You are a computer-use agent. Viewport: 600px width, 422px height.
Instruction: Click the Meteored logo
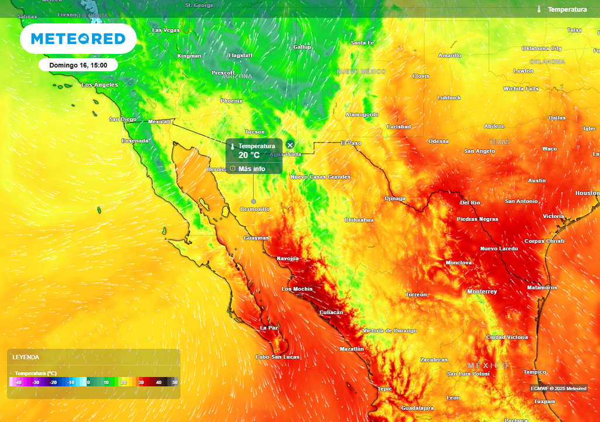(x=78, y=39)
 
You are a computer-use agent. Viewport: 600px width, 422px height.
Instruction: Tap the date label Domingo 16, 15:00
(x=78, y=65)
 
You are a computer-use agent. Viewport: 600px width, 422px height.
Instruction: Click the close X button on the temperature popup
(x=289, y=145)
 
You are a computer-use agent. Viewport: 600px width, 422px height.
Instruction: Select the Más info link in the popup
(x=251, y=169)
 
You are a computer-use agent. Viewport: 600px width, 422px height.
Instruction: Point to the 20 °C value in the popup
(x=248, y=155)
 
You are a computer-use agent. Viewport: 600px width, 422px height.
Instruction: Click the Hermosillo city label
(x=255, y=209)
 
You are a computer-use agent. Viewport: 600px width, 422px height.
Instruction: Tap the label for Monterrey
(x=482, y=292)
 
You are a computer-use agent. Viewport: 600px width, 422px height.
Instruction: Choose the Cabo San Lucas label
(x=277, y=357)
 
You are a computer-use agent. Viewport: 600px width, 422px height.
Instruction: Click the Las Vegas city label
(x=166, y=30)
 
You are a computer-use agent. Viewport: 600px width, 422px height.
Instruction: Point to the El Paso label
(x=351, y=143)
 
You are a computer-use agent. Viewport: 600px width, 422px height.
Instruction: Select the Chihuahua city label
(x=359, y=220)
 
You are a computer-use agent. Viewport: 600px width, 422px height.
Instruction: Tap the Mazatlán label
(x=352, y=349)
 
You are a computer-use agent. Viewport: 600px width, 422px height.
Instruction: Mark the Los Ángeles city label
(x=100, y=85)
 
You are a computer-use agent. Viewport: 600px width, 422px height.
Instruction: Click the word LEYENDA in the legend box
(x=26, y=357)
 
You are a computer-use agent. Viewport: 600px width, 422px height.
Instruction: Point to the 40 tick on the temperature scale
(x=158, y=382)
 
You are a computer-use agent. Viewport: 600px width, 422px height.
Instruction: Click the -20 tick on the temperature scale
(x=53, y=382)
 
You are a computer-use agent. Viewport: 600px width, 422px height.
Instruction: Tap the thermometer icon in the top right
(x=538, y=9)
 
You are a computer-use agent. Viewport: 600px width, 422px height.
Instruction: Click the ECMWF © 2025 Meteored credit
(x=558, y=389)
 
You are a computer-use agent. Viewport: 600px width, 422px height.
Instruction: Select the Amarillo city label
(x=449, y=56)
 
